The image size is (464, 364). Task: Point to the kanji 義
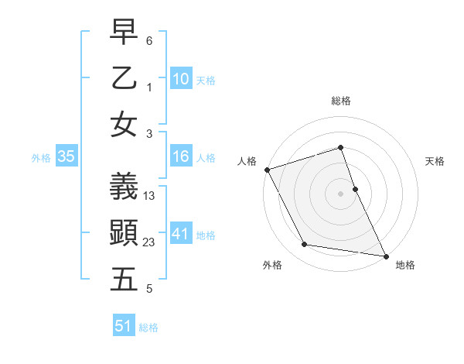(125, 186)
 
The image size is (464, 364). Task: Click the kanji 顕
(125, 232)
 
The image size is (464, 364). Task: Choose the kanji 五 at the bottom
(125, 280)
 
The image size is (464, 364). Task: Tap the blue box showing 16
(180, 157)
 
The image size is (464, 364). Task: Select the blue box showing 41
(180, 234)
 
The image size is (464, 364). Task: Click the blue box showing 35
(66, 157)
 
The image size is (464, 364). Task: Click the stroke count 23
(149, 242)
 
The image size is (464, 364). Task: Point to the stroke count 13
(149, 196)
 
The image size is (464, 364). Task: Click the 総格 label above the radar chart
(340, 101)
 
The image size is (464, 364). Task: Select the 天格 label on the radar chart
(435, 161)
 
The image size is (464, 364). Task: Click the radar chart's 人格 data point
(268, 169)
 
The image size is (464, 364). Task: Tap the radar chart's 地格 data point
(385, 255)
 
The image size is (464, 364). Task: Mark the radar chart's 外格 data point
(305, 245)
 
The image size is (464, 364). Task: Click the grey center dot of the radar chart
(340, 193)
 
